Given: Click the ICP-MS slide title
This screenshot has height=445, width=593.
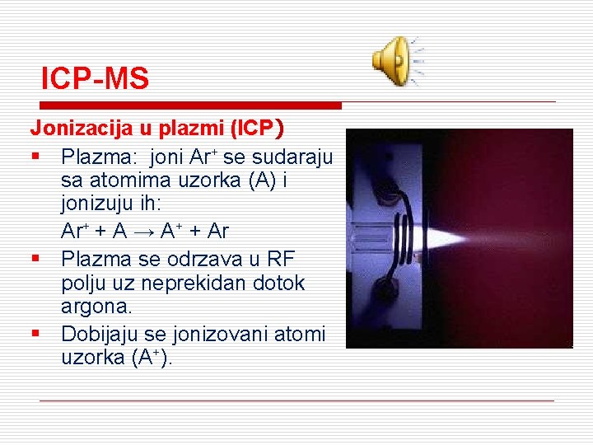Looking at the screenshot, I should coord(96,79).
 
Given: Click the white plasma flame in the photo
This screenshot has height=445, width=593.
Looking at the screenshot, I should coord(445,240).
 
